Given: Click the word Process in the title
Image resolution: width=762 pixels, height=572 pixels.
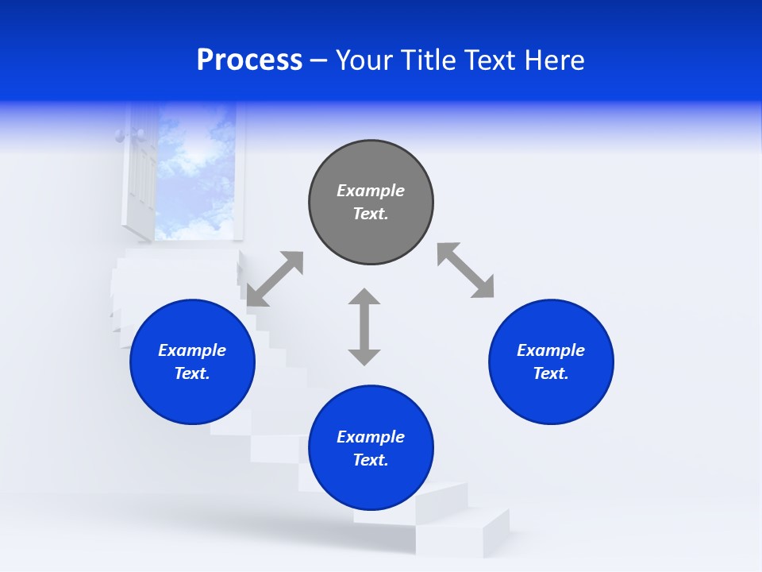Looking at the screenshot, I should (249, 60).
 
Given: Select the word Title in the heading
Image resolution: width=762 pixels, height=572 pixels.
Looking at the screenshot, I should (426, 60).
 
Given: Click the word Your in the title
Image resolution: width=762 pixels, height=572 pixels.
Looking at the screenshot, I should (366, 60).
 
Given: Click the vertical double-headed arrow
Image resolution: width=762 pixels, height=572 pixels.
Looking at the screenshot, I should (364, 327).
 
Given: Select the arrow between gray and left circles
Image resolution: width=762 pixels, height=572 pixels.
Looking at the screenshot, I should (275, 279).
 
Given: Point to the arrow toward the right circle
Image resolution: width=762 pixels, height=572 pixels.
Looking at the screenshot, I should (465, 270).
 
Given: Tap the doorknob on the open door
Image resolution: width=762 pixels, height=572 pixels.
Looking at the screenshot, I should (120, 136).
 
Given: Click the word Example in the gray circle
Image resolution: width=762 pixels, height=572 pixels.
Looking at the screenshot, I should (371, 191).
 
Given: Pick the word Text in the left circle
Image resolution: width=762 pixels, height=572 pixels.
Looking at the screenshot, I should (192, 373).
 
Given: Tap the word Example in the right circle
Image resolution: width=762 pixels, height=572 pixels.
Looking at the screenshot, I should (551, 350).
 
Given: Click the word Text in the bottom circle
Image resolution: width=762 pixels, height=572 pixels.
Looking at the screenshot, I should (371, 460).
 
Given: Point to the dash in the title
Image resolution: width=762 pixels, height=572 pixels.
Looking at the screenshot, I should (319, 61).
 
